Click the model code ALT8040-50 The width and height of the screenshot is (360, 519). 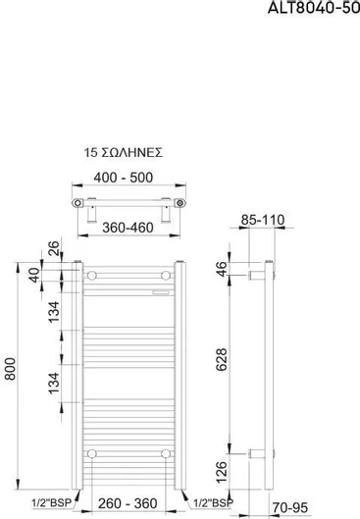pos(313,7)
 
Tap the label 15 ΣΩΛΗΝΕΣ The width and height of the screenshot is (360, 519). pos(123,153)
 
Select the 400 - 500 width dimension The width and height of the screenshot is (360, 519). pos(124,178)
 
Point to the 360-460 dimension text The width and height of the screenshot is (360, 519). pos(128,228)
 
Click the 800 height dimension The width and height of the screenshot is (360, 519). pos(11,369)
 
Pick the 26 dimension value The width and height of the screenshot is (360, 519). pos(54,248)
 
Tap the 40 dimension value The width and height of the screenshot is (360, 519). pos(34,276)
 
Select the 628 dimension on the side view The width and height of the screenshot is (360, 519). pos(222,360)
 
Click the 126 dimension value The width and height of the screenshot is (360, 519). pos(222,472)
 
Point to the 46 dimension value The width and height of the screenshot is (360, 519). pos(222,269)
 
